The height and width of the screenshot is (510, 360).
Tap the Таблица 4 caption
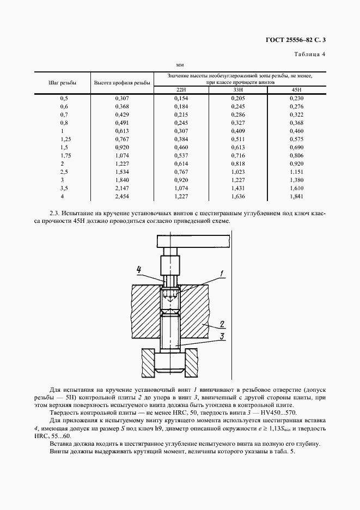click(309, 54)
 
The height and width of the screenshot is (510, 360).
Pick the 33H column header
click(239, 89)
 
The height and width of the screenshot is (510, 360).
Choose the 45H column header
click(296, 89)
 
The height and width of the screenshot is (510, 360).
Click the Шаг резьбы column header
click(62, 82)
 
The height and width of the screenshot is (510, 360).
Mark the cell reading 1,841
click(296, 196)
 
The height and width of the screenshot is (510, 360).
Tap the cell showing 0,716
click(239, 155)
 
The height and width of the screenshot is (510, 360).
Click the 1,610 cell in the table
click(296, 188)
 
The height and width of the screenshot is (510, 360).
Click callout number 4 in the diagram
click(139, 269)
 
